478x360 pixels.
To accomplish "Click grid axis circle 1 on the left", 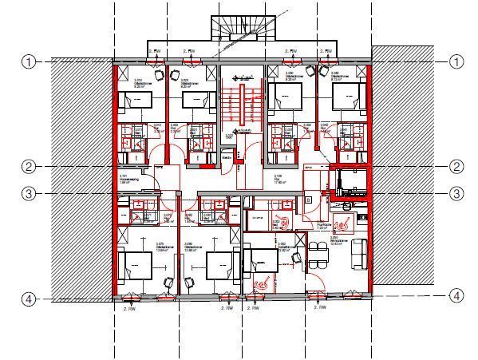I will click(28, 61).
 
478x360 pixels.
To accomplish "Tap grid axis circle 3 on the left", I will click(28, 192).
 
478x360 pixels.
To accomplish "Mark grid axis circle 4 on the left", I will click(28, 299).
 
